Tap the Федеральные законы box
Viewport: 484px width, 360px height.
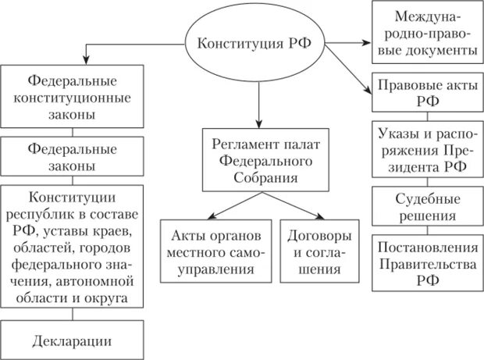[x=73, y=156]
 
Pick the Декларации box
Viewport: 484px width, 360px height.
[x=73, y=341]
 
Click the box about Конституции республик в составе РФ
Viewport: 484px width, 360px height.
[x=73, y=245]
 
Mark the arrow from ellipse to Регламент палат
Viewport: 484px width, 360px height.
[x=258, y=102]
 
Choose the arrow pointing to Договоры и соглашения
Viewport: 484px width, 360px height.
[x=304, y=207]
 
